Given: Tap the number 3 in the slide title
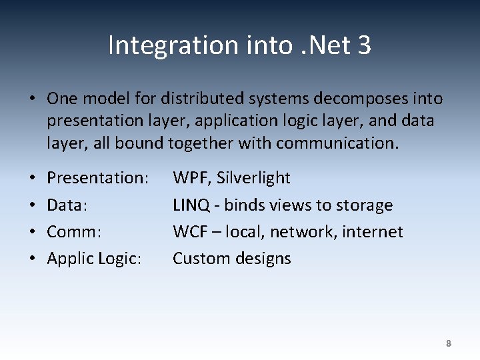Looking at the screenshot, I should (363, 45).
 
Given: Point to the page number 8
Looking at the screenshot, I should (448, 343).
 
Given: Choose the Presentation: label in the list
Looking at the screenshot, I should (97, 178).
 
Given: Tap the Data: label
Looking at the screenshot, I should (67, 205).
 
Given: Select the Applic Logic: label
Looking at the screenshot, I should (94, 259).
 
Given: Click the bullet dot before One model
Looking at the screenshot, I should (32, 99).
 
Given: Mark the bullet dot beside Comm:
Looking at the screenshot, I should (32, 233).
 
